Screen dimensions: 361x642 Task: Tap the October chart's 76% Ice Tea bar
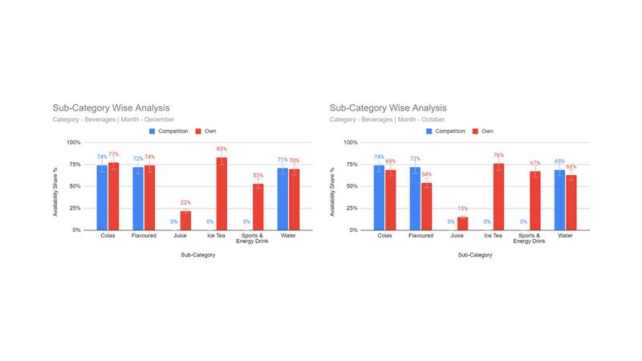coord(498,197)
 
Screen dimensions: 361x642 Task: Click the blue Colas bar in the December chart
coord(102,198)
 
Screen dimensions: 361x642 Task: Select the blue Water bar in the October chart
coord(560,201)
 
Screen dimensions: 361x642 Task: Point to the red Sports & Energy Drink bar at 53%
coord(258,207)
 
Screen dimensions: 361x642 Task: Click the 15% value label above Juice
coord(462,209)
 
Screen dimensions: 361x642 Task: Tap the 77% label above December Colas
coord(113,154)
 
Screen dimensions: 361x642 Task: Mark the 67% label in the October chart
coord(534,163)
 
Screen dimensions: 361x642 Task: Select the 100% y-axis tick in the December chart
coord(73,143)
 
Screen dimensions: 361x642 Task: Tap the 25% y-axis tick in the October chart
coord(350,208)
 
